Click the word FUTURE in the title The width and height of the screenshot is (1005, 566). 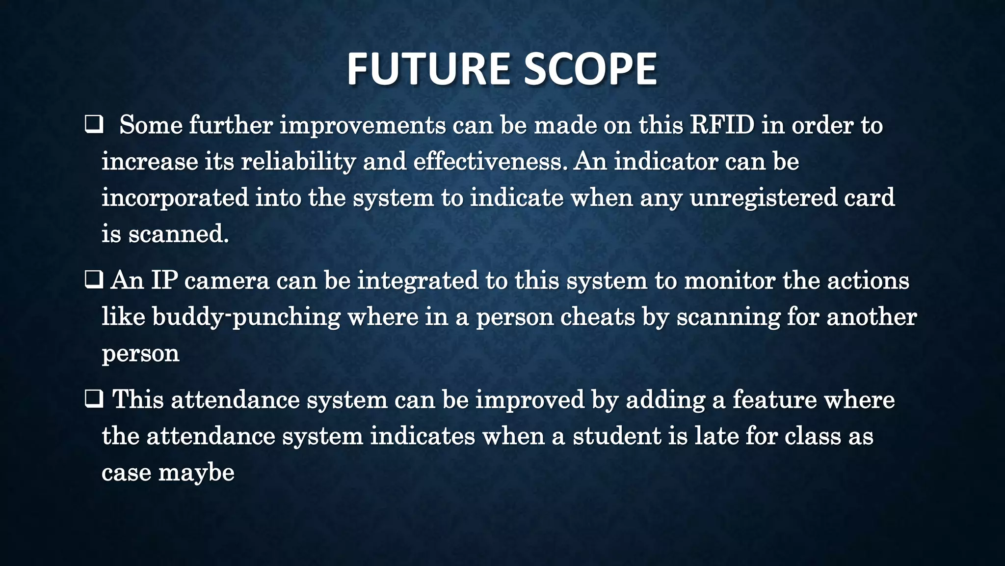tap(429, 69)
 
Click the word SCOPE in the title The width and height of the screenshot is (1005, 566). tap(590, 69)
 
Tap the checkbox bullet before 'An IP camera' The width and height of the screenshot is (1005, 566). tap(93, 280)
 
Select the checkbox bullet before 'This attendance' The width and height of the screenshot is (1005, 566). tap(93, 399)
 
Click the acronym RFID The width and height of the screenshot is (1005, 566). tap(722, 125)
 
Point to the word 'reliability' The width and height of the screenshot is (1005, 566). tap(298, 162)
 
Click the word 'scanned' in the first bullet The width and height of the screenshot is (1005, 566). tap(178, 234)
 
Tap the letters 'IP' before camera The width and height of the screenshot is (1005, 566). tap(164, 281)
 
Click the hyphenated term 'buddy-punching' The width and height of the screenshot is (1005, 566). tap(246, 317)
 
